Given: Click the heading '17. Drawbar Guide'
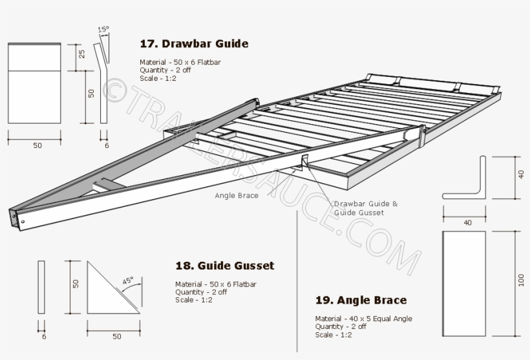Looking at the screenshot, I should point(194,44).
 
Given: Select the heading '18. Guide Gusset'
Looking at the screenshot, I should point(224,266).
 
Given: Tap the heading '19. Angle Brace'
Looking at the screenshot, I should point(361,300).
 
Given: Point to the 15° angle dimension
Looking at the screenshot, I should point(103,30).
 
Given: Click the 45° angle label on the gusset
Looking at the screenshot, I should point(128,281).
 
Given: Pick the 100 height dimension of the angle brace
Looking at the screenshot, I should point(521,280).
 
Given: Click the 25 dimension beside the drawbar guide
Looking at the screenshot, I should point(82,54).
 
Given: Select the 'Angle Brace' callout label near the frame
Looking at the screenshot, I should point(237,195).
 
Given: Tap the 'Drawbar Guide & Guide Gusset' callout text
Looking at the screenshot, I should point(365,208).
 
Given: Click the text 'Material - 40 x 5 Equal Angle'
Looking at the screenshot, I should point(363,319).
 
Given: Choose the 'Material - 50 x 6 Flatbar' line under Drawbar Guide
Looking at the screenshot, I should point(180,62).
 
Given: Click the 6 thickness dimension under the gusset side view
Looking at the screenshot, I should point(44,336).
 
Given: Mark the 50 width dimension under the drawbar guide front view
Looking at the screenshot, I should point(37,145).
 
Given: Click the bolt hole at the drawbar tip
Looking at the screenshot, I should point(23,222).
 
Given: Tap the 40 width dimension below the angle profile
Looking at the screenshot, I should point(467,222).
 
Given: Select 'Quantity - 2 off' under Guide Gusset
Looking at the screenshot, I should point(201,292).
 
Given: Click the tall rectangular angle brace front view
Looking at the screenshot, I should point(463,283).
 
